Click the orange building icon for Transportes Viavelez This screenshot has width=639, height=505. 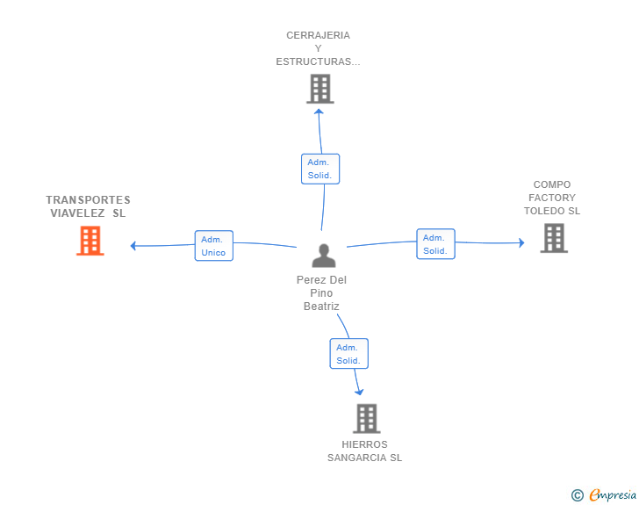(x=90, y=241)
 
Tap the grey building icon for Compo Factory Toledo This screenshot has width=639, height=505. (x=554, y=238)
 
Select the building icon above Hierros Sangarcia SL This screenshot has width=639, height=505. (x=367, y=418)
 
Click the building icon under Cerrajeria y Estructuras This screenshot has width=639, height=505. (x=320, y=89)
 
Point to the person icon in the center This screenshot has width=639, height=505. (x=324, y=256)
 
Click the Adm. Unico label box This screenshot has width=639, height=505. (x=213, y=246)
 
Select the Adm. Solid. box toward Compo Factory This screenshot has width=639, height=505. (x=435, y=244)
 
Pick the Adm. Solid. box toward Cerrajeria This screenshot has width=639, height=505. (x=319, y=169)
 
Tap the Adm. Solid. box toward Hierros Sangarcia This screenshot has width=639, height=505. (x=348, y=354)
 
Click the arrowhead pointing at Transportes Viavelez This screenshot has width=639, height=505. (x=133, y=246)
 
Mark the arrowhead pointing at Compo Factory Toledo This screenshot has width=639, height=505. (x=521, y=242)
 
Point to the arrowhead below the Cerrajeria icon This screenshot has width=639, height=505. (x=319, y=111)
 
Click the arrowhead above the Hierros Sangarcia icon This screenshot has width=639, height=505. (x=359, y=393)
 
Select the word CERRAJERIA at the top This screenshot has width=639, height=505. (x=318, y=36)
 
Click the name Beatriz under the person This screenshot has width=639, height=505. (x=321, y=307)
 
